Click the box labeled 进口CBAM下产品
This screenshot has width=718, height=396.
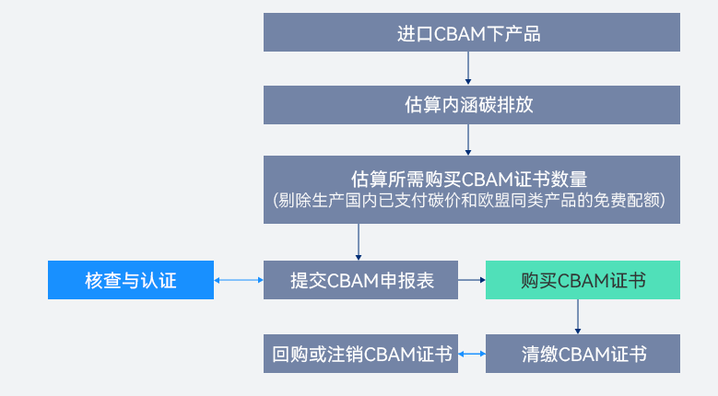point(472,34)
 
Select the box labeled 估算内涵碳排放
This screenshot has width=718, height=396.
point(472,105)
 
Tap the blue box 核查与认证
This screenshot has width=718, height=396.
point(131,280)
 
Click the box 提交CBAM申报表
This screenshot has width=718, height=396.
point(361,280)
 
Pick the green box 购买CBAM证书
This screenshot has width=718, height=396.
point(583,280)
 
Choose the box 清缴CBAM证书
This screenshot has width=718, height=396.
point(583,354)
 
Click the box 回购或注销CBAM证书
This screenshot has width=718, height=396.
point(361,354)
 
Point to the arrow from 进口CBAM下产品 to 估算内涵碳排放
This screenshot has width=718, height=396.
point(468,69)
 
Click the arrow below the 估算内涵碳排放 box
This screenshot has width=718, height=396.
point(468,139)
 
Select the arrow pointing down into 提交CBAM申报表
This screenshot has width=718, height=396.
point(358,242)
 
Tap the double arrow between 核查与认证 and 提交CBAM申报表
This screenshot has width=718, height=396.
point(239,280)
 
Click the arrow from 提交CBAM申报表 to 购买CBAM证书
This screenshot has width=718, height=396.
point(472,280)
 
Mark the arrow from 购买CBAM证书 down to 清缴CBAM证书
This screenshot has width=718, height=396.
point(578,317)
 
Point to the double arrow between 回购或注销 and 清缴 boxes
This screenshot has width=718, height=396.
point(472,354)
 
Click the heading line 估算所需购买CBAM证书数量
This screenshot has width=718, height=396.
point(470,178)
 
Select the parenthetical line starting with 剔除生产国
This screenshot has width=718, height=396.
point(470,200)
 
